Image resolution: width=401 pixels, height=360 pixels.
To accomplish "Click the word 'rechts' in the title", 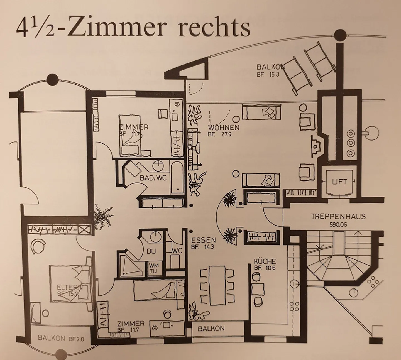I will click(x=214, y=28).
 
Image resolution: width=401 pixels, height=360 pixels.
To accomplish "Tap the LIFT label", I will click(x=339, y=182).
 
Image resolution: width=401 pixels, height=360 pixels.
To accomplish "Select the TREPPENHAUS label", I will click(x=338, y=216).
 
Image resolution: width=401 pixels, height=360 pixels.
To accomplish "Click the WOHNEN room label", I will click(x=224, y=128).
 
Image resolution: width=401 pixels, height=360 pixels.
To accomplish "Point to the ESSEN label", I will click(x=204, y=240).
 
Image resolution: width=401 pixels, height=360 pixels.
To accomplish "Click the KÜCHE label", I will click(x=265, y=261).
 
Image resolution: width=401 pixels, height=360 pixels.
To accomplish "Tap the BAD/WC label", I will click(x=153, y=178).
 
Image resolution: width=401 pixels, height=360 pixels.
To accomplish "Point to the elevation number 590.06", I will click(x=338, y=225).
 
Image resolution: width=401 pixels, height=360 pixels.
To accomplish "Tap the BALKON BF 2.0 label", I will click(x=61, y=339).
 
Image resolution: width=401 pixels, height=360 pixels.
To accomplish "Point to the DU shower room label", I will click(x=151, y=251).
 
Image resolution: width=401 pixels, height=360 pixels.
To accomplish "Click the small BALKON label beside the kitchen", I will click(x=211, y=329).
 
